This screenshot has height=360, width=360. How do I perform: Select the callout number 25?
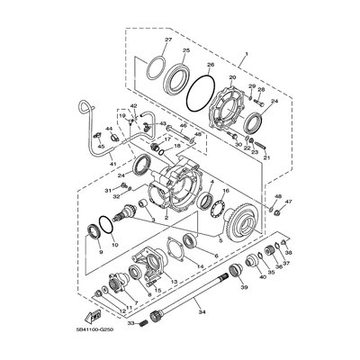tap(185, 51)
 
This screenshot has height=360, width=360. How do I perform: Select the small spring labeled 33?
tap(140, 321)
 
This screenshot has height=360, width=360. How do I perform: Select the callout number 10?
tap(113, 244)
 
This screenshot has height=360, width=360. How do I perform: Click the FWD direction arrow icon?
tap(91, 314)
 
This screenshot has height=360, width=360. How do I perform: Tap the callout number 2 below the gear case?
tap(166, 216)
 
